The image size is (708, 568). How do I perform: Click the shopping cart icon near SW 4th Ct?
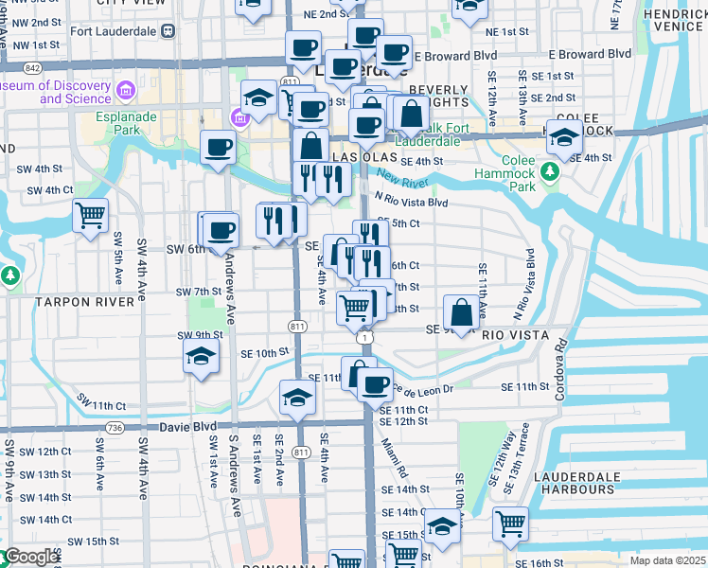click(90, 216)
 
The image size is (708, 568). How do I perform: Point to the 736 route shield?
click(115, 428)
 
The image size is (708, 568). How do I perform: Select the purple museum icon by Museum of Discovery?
click(125, 92)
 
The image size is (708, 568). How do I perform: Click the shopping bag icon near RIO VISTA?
click(460, 312)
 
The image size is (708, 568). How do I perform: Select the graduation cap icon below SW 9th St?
click(200, 356)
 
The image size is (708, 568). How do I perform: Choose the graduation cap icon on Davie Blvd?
click(297, 399)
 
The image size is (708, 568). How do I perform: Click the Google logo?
click(31, 557)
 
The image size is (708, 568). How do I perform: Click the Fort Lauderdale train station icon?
click(168, 30)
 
